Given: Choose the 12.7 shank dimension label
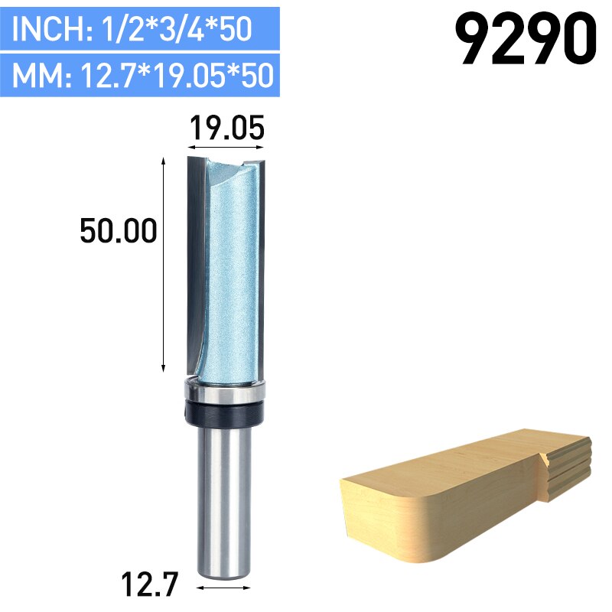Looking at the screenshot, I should point(150,586).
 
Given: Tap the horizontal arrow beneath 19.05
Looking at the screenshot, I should point(226,145).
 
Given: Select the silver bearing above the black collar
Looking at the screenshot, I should point(224,392).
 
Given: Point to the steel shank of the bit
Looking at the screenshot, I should point(225,497).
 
